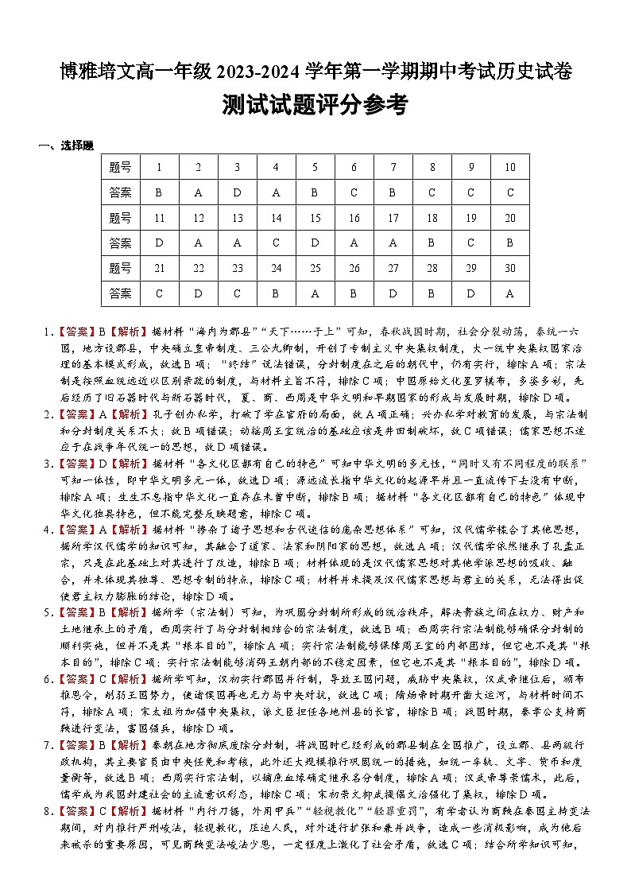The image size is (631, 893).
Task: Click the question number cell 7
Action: coord(393,167)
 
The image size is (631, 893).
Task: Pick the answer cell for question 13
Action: coord(237,243)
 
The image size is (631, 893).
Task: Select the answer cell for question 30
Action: coord(509,293)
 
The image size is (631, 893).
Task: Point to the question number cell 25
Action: coord(315,268)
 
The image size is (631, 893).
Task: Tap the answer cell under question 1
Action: coord(159,192)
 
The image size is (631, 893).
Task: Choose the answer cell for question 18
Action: coord(432,243)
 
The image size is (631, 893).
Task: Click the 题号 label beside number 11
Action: coord(121,218)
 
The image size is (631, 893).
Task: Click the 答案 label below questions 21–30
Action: coord(121,293)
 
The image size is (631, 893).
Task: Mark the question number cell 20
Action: coord(509,218)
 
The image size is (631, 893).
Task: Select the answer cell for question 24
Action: coord(276,293)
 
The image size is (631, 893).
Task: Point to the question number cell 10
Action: coord(509,167)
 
